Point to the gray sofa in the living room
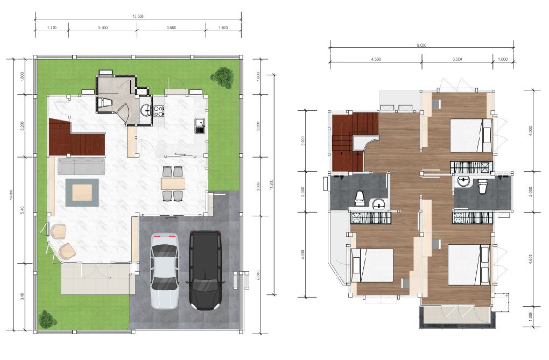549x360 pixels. coord(81,166)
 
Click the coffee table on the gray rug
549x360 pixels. coord(82,192)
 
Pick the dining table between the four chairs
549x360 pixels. coord(173,183)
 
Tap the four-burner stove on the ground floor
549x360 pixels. coord(159,111)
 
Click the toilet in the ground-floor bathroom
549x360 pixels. coord(106,102)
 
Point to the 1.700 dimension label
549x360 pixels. coord(52,26)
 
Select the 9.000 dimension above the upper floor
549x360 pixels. coord(421,46)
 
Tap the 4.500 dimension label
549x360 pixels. coord(376,59)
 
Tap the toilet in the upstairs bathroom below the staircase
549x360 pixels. coord(360,198)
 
